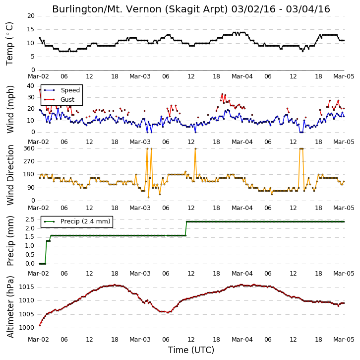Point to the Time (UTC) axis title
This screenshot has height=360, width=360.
point(191,350)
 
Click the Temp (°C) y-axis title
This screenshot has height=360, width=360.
point(9,44)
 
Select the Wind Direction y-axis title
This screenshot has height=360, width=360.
point(10,175)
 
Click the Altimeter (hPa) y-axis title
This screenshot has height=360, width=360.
point(10,307)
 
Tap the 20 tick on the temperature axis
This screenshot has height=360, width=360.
point(31,16)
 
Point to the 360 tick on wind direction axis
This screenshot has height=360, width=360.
point(29,148)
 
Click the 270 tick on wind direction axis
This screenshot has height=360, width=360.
point(29,161)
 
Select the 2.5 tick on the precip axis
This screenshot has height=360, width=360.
point(30,219)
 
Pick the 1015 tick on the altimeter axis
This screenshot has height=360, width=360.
point(26,287)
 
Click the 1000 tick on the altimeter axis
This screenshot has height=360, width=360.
point(26,328)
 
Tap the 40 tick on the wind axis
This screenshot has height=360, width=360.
point(31,86)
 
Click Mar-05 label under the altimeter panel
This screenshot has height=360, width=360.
point(344,340)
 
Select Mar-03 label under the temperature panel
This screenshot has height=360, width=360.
point(140,76)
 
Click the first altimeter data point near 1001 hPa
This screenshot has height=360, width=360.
point(40,325)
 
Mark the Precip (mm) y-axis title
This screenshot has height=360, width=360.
point(10,241)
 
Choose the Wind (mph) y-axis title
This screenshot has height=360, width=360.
point(10,109)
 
